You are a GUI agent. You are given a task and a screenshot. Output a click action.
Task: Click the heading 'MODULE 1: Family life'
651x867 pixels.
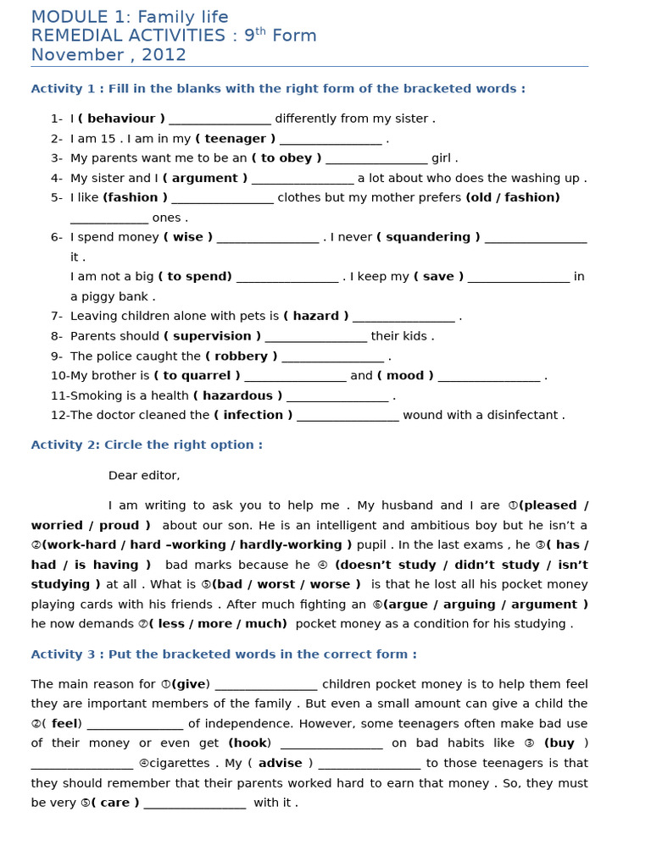tap(130, 17)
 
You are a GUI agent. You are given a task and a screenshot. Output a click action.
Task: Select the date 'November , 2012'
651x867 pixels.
tap(108, 55)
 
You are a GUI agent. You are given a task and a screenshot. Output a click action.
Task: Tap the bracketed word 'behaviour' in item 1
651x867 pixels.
tap(121, 119)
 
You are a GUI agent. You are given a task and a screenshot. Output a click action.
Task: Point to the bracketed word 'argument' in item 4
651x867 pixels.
tap(204, 178)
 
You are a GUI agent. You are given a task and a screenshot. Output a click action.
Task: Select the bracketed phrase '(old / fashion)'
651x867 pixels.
tap(513, 197)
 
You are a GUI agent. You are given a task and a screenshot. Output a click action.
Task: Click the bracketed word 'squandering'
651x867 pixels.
tap(428, 237)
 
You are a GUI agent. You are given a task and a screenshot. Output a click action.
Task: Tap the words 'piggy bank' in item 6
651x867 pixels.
tap(116, 296)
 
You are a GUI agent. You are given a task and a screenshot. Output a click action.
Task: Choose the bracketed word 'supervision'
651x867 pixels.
tap(212, 336)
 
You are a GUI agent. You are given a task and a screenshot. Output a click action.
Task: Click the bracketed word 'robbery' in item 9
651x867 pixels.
tap(242, 356)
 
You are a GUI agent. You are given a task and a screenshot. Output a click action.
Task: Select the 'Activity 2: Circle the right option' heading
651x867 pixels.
tap(147, 445)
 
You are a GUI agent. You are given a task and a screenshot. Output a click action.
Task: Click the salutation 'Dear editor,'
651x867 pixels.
tap(144, 476)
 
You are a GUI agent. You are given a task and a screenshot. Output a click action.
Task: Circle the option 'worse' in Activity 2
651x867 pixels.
tap(331, 584)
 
